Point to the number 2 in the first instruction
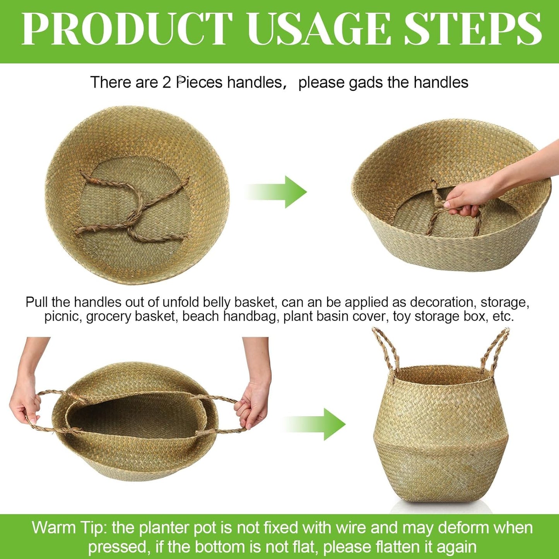pyautogui.click(x=167, y=82)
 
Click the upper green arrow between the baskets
pyautogui.click(x=277, y=192)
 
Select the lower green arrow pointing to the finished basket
pyautogui.click(x=315, y=424)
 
